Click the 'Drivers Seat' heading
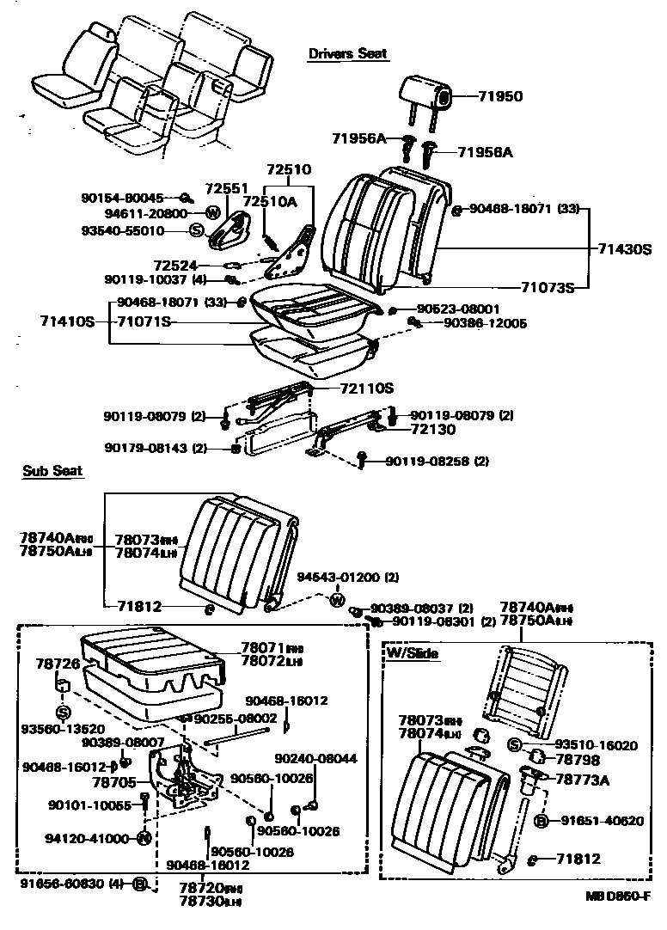pos(347,53)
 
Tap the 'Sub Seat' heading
pos(52,471)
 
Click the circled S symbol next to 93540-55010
pos(196,230)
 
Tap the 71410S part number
pos(65,321)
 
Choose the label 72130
pos(432,428)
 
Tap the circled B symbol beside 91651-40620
pos(542,821)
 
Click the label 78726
pos(58,664)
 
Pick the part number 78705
pos(113,783)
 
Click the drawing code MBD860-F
pos(615,896)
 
